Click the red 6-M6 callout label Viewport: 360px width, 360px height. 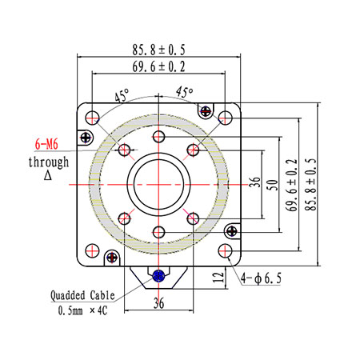(x=46, y=144)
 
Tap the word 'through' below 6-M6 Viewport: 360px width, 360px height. (x=49, y=162)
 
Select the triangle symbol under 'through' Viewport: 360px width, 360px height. (x=48, y=175)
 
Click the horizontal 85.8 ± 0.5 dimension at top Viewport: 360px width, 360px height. (x=158, y=50)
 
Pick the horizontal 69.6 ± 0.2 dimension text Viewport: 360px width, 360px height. (x=158, y=66)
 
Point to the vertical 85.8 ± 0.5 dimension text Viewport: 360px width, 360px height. (x=310, y=185)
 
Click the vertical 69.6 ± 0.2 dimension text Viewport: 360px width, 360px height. (x=291, y=185)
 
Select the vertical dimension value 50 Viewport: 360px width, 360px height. (x=272, y=185)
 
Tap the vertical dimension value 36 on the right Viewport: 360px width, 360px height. (x=254, y=182)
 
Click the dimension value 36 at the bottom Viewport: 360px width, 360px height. (x=158, y=303)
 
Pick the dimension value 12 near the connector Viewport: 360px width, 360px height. (x=218, y=278)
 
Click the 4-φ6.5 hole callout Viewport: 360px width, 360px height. (x=261, y=278)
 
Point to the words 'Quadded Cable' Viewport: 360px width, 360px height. (x=82, y=295)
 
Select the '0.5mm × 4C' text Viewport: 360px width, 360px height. (x=82, y=310)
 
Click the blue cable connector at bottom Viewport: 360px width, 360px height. (x=158, y=276)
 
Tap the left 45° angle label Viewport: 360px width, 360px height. (x=122, y=95)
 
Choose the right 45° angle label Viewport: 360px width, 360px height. (x=184, y=92)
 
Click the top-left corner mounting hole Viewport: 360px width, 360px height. (x=92, y=118)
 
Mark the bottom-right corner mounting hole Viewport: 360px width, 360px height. (x=226, y=250)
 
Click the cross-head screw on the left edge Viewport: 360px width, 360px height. (x=86, y=138)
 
